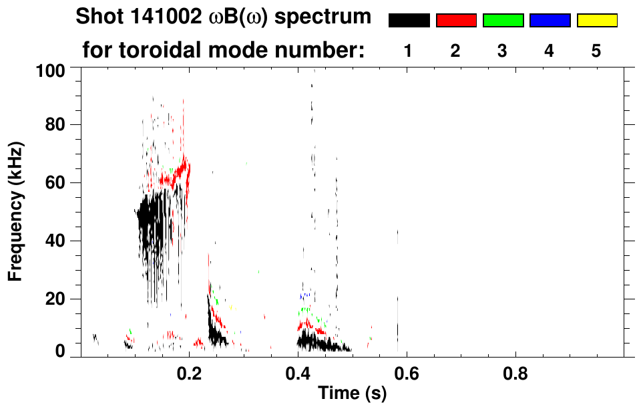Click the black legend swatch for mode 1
pos(409,21)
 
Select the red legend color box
pos(456,21)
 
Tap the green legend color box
pos(503,21)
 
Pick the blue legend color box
pos(550,21)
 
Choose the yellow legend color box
pos(597,21)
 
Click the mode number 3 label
pos(503,51)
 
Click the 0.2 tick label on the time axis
pos(190,372)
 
